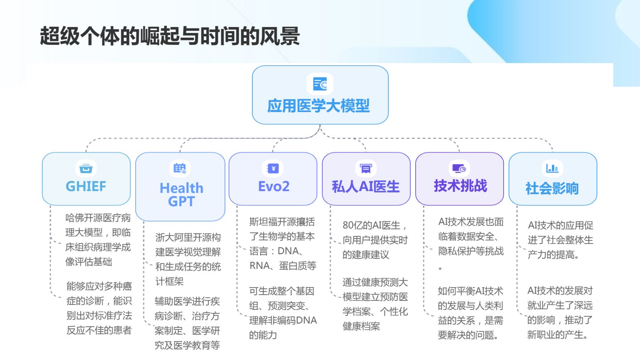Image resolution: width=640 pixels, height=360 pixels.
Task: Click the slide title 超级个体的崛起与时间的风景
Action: [x=169, y=36]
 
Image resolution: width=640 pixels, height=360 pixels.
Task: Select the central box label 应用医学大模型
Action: [x=319, y=106]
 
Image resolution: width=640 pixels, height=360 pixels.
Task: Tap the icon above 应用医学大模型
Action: [x=320, y=84]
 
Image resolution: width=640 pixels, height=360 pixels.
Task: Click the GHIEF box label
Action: [x=86, y=186]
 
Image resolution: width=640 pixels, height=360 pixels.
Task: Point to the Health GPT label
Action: [x=181, y=195]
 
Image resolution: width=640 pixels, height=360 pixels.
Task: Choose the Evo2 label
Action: [x=274, y=186]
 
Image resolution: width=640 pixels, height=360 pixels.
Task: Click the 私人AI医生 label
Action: [x=365, y=187]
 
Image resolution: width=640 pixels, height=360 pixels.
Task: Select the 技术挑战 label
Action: [x=460, y=186]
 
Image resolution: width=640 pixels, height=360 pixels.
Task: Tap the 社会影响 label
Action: [x=552, y=188]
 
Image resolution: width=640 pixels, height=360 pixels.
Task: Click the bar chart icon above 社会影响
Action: [x=552, y=168]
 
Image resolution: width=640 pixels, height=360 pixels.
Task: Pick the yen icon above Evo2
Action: [x=273, y=168]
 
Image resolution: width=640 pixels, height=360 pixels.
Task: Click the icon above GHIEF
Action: [x=86, y=168]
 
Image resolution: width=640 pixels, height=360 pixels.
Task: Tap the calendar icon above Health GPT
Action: [x=180, y=168]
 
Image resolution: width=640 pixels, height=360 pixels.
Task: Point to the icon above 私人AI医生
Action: [x=366, y=168]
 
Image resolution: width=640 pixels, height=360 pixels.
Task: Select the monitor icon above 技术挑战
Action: [x=459, y=168]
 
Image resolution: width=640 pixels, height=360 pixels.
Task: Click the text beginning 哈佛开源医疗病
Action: [x=98, y=240]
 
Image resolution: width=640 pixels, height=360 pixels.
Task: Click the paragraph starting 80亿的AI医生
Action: [x=375, y=240]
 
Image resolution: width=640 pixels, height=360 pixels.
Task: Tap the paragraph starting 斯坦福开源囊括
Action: [x=282, y=244]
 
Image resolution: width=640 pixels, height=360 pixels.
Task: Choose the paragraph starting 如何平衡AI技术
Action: [x=470, y=313]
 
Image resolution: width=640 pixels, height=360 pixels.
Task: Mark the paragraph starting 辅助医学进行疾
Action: [x=187, y=323]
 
